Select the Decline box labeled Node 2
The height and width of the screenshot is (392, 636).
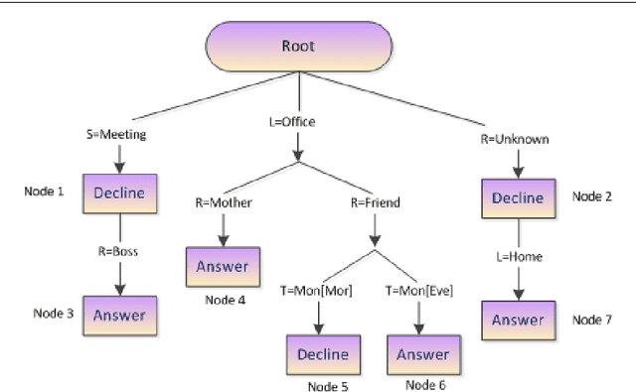click(517, 197)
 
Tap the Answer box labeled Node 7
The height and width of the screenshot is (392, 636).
click(517, 320)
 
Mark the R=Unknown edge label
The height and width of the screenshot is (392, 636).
click(516, 140)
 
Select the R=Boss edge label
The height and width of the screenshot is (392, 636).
click(118, 252)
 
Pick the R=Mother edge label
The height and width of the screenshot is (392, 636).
click(223, 202)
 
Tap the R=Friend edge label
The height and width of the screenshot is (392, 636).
click(375, 202)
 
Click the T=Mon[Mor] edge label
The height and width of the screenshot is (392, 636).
click(317, 290)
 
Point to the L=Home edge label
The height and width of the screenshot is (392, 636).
click(517, 257)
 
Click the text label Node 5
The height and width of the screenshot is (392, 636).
click(328, 386)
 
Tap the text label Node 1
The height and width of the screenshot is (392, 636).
click(44, 191)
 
